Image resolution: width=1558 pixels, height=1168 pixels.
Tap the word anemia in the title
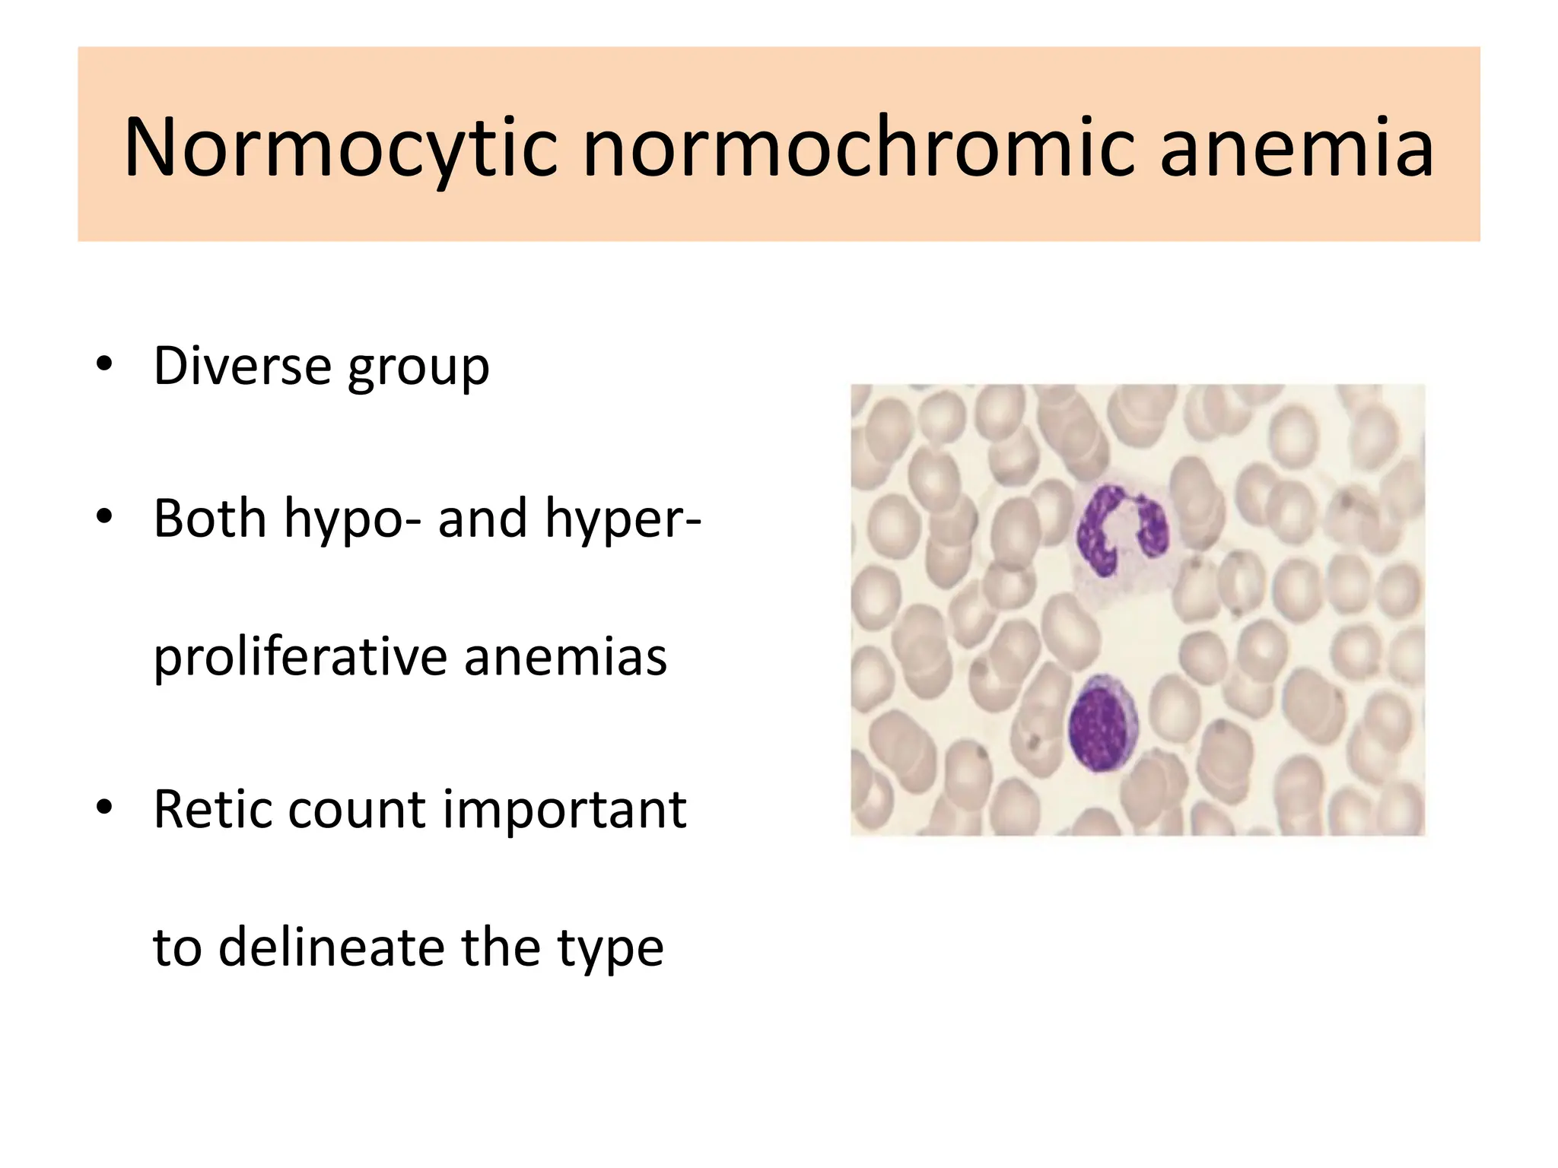(1296, 148)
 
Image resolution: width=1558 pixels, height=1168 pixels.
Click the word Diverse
(242, 366)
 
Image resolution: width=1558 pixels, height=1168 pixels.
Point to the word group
(418, 369)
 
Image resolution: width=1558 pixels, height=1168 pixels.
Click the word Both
(210, 518)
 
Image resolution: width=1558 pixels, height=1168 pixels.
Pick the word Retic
(212, 809)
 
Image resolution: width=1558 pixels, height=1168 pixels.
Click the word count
(358, 811)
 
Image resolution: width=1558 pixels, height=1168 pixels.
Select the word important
(565, 811)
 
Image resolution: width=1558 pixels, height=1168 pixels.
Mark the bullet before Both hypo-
(105, 516)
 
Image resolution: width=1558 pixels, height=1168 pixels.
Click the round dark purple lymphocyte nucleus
(1100, 723)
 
